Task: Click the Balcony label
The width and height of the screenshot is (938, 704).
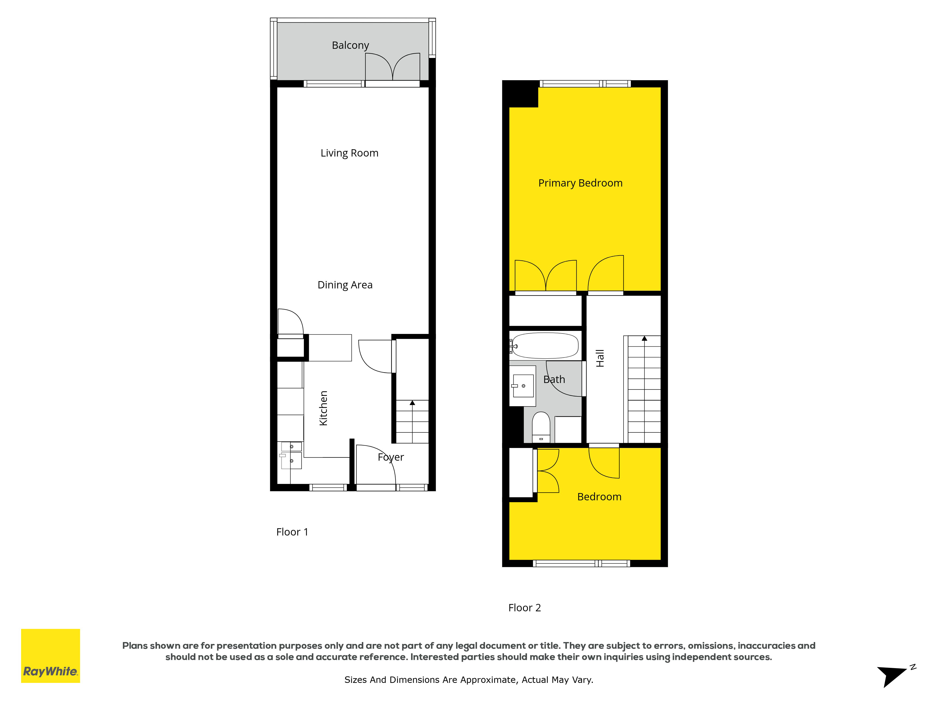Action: click(x=350, y=45)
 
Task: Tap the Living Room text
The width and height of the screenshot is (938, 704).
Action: click(x=349, y=153)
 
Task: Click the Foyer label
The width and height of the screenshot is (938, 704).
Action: click(x=390, y=457)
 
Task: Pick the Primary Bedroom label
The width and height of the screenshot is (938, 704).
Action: click(x=580, y=183)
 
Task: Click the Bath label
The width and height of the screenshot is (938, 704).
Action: click(x=554, y=379)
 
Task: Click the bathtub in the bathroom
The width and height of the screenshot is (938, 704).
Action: click(x=545, y=346)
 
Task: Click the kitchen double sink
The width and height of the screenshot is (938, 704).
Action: click(x=291, y=455)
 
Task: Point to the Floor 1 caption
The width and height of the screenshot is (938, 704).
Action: click(x=292, y=532)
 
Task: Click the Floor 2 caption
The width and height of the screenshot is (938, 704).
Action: click(x=525, y=608)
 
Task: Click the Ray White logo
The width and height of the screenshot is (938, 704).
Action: click(x=50, y=656)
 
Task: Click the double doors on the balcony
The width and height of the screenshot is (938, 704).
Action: click(x=393, y=67)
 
